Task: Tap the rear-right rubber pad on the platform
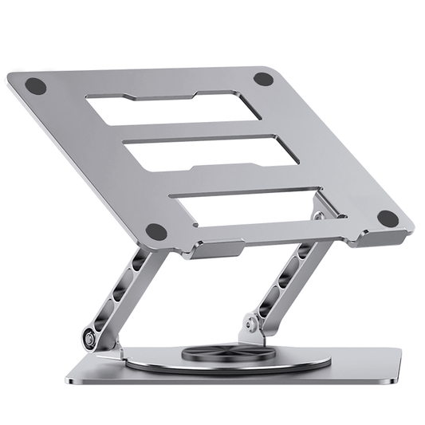click(x=264, y=78)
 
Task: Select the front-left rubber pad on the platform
click(x=156, y=231)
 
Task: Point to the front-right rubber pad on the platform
click(x=388, y=217)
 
